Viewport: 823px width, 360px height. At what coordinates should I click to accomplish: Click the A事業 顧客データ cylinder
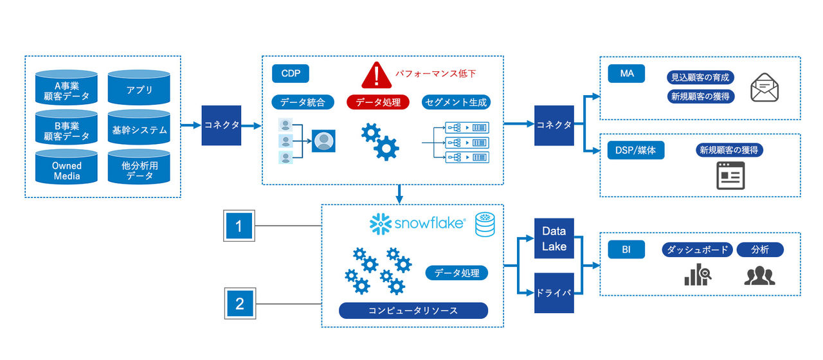(x=67, y=90)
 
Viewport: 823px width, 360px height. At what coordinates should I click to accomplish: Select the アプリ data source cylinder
(x=139, y=90)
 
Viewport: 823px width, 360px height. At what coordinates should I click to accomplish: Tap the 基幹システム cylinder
(x=139, y=130)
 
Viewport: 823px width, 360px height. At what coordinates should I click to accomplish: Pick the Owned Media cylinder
(x=67, y=170)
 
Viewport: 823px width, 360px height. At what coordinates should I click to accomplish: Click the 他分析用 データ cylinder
(x=139, y=170)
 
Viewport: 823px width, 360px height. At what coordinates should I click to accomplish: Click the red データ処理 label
(x=378, y=102)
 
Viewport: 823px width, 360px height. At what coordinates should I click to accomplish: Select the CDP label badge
(x=291, y=73)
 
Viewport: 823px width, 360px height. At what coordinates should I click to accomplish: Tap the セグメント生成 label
(x=456, y=102)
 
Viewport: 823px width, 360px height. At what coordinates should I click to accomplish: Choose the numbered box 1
(x=239, y=226)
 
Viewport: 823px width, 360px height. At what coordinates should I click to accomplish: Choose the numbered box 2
(x=239, y=303)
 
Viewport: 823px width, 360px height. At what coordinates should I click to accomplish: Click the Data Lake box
(x=554, y=239)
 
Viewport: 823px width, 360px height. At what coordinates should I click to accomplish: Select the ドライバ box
(x=554, y=293)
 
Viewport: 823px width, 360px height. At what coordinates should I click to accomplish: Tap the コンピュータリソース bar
(x=413, y=310)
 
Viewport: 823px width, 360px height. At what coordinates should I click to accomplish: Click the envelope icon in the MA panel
(x=764, y=87)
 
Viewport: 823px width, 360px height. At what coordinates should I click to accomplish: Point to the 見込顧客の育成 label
(x=700, y=78)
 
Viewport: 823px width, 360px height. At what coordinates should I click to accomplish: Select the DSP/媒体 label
(x=636, y=150)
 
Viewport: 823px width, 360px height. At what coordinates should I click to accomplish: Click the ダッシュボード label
(x=697, y=250)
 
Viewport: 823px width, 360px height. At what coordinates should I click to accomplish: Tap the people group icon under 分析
(x=760, y=275)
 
